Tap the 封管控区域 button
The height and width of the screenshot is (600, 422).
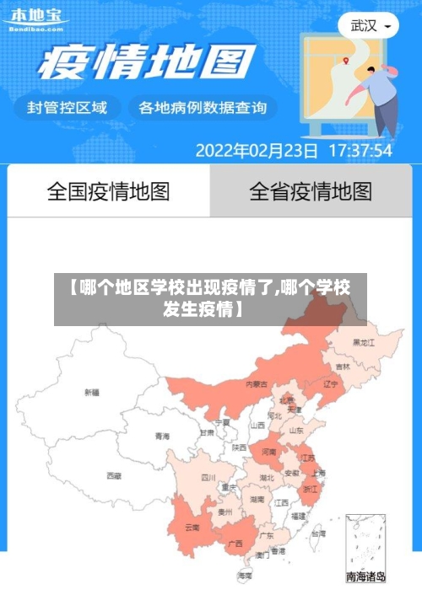click(68, 108)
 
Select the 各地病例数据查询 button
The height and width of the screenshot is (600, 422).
click(202, 108)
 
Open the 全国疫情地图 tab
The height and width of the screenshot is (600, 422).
click(108, 191)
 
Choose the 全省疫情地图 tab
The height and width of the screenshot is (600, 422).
click(311, 191)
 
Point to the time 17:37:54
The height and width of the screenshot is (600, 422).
click(360, 151)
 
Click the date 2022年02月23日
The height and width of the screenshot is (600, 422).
click(257, 151)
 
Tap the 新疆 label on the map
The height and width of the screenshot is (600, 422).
click(92, 392)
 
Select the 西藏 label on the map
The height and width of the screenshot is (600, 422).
click(114, 475)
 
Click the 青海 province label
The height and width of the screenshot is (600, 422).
click(162, 436)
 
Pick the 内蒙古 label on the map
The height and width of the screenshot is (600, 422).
click(257, 383)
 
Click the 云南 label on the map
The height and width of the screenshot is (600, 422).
click(192, 528)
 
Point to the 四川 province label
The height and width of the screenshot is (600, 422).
click(208, 477)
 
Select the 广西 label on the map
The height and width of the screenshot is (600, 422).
click(236, 543)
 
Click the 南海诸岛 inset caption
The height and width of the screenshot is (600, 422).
click(366, 577)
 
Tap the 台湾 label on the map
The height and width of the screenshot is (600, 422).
click(317, 533)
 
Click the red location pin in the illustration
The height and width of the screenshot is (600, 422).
click(346, 60)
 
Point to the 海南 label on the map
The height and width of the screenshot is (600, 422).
click(245, 576)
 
